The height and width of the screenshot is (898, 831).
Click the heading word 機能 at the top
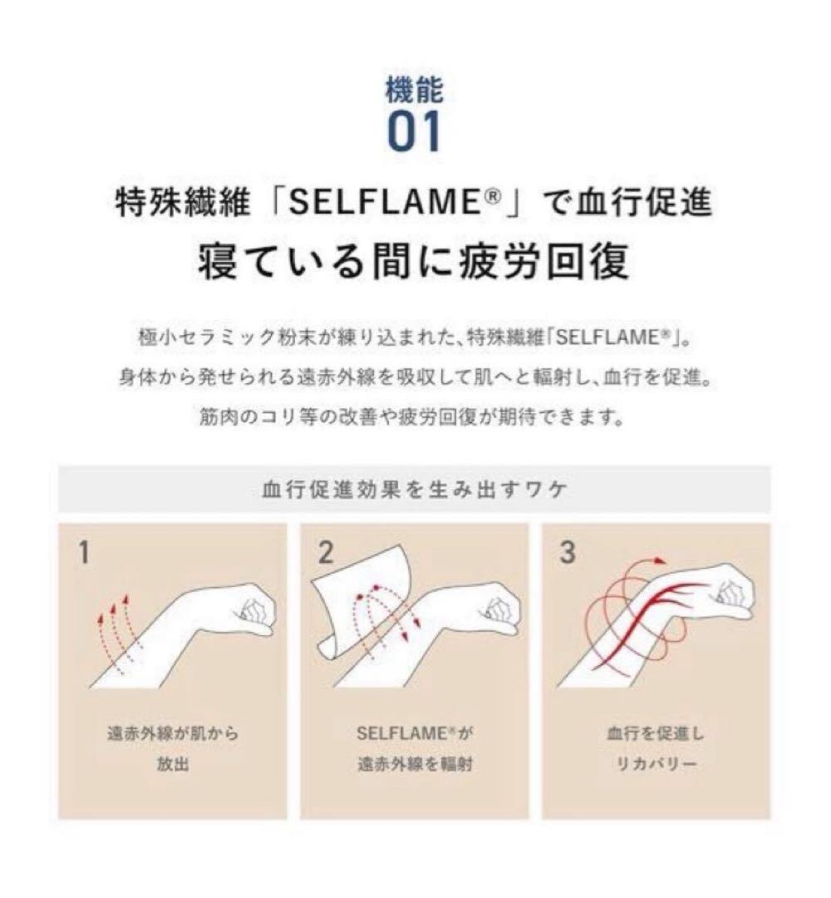[x=415, y=90]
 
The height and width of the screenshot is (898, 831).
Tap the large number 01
[x=415, y=131]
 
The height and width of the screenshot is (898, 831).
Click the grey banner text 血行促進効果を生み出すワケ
[x=415, y=491]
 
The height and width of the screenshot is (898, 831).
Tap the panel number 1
[x=84, y=552]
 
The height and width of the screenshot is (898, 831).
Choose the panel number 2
[x=326, y=552]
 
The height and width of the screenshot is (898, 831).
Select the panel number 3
[x=567, y=552]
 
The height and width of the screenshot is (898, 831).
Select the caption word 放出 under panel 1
[x=173, y=764]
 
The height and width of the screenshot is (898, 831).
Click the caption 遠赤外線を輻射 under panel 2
[x=415, y=764]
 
